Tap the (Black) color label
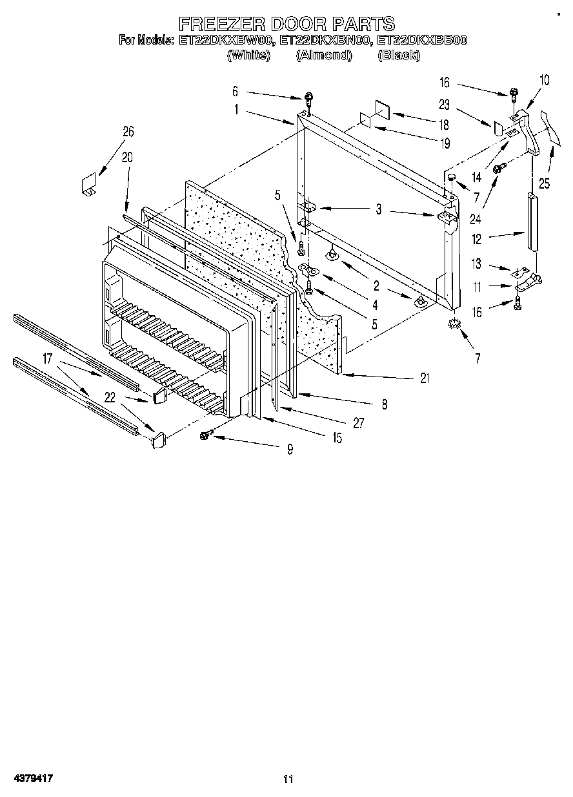(398, 56)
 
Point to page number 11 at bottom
(288, 780)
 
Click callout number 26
(128, 132)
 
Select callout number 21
(425, 378)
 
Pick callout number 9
(290, 450)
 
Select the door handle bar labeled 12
(532, 220)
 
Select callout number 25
(545, 183)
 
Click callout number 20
(126, 156)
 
